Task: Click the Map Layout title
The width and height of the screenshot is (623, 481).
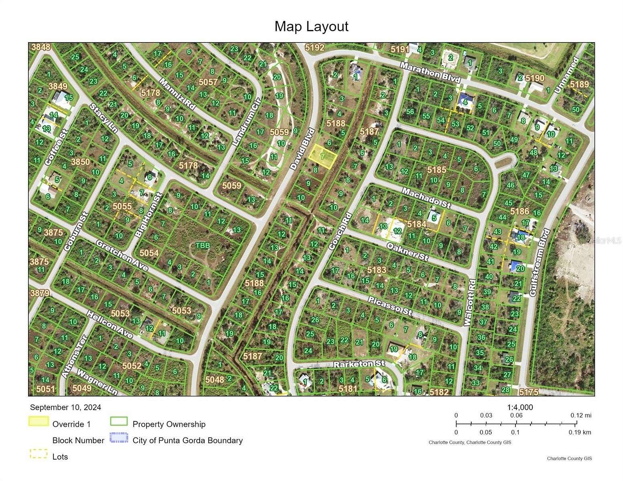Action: pos(311,26)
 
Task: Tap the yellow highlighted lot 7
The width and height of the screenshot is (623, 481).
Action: pos(322,157)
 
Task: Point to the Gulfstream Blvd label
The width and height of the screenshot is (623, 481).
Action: pos(539,263)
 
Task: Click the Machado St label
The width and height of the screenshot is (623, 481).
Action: pos(426,198)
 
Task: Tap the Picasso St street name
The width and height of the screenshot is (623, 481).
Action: pos(390,306)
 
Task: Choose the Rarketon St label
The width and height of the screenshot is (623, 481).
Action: pos(359,364)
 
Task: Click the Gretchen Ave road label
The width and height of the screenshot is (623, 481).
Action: pos(122,255)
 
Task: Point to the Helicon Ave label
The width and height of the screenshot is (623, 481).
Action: pos(110,324)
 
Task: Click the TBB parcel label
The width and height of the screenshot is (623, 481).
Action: pos(203,245)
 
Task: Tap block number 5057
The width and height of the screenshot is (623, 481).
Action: pos(208,82)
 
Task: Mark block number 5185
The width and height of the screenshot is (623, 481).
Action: pos(436,170)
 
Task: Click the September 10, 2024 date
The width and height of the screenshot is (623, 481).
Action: pos(65,407)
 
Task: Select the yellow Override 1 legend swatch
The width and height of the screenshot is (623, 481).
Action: pos(39,422)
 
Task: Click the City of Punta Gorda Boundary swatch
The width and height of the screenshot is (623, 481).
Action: pos(119,438)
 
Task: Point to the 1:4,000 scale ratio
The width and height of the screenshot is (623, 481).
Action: pos(520,407)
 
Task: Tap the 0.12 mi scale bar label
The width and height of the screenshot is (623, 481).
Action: pos(581,415)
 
